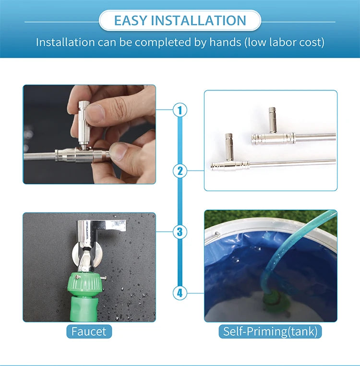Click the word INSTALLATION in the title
point(198,21)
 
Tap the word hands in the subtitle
point(226,42)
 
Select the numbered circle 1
point(180,110)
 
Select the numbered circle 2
point(180,171)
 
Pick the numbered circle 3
point(180,232)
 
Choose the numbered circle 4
point(180,292)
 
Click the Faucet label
point(89,331)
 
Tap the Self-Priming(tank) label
point(270,331)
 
